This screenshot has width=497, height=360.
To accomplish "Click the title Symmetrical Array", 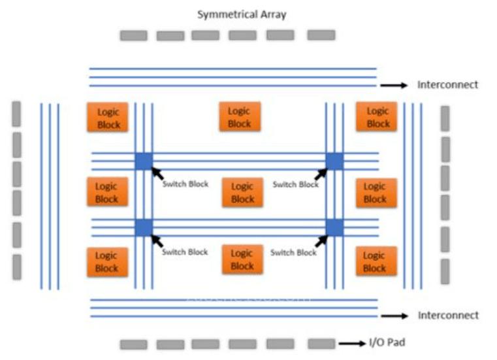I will click(x=242, y=14).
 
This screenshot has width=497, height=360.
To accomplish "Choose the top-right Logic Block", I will click(x=377, y=116).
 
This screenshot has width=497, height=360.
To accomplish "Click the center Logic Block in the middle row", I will click(x=242, y=192).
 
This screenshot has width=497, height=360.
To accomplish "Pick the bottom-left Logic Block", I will click(x=106, y=261).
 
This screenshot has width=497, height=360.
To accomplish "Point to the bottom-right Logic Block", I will click(x=374, y=261).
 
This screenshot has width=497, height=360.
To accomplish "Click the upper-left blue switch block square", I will click(x=144, y=161).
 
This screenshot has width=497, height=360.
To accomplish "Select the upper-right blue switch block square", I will click(x=334, y=161).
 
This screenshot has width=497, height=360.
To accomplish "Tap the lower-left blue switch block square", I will click(x=144, y=227).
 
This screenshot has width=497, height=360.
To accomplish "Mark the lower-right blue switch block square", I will click(x=334, y=227).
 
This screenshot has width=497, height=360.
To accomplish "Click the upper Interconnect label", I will click(x=448, y=84).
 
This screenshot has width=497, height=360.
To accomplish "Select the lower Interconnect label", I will click(x=448, y=316).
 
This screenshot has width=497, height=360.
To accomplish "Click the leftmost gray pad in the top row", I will click(x=133, y=35).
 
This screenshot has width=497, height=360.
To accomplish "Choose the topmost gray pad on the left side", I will click(x=16, y=113).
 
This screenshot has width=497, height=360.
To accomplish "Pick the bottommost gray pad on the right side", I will click(x=445, y=271).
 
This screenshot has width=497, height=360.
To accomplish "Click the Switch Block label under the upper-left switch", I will click(x=185, y=184).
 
